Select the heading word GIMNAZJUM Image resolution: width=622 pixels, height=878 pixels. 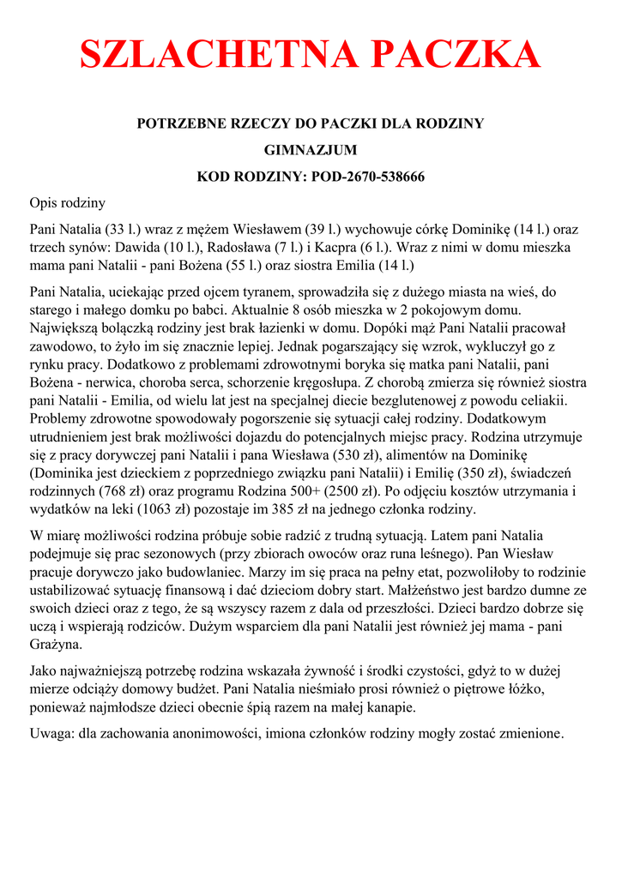click(x=311, y=150)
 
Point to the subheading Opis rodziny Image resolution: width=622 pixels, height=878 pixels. click(x=67, y=203)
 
